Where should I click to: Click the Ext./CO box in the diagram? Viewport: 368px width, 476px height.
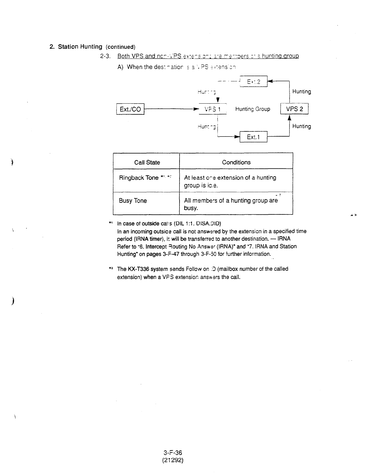130,109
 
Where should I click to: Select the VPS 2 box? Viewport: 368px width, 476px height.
294,109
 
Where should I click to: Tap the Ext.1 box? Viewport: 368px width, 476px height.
253,137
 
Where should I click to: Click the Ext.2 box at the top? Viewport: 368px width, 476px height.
254,82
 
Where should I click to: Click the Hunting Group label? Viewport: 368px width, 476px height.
252,109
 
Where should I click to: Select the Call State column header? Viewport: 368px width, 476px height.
147,162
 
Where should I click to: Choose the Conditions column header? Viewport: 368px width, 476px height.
236,162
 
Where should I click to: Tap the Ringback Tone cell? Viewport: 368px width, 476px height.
139,178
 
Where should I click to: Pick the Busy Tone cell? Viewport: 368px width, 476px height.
133,201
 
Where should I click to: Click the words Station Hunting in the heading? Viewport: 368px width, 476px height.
80,47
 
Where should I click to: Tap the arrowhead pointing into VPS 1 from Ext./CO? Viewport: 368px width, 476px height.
196,109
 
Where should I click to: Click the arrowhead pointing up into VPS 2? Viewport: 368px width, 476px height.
289,118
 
